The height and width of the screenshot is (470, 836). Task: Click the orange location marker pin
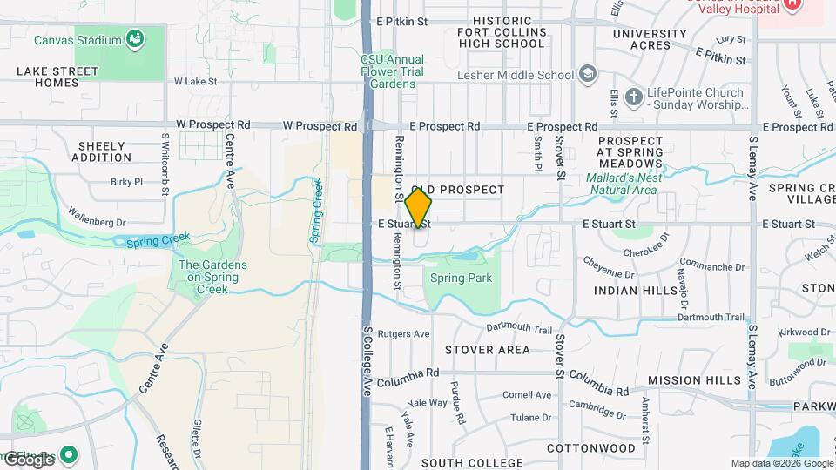tap(419, 208)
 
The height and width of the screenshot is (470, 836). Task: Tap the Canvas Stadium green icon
tap(135, 38)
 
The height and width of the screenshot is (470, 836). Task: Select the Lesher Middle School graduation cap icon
tap(589, 75)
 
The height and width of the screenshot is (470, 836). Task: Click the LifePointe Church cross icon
tap(633, 96)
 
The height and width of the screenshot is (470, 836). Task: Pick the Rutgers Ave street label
tap(408, 333)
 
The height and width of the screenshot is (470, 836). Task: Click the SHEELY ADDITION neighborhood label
tap(104, 151)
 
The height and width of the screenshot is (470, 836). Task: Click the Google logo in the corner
tap(30, 459)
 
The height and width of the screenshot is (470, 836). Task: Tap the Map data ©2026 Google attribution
tap(781, 464)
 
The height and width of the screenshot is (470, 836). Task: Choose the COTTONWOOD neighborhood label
tap(591, 448)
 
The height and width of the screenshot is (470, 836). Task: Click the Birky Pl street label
tap(126, 182)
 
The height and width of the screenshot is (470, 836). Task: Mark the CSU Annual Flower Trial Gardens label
tap(388, 71)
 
